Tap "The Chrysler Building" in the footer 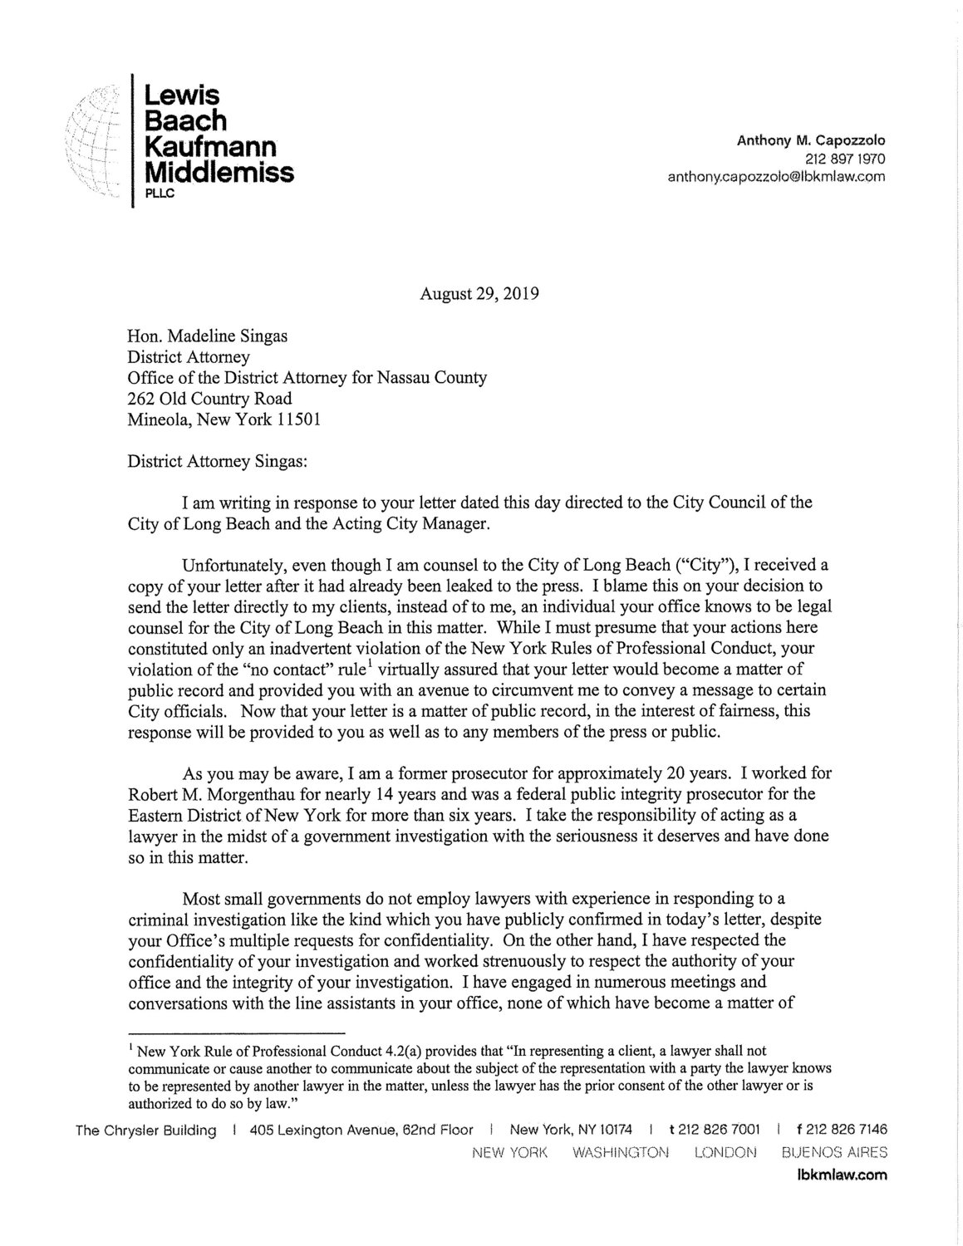(x=146, y=1130)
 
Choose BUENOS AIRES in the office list (x=834, y=1152)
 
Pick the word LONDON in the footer (x=725, y=1152)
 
